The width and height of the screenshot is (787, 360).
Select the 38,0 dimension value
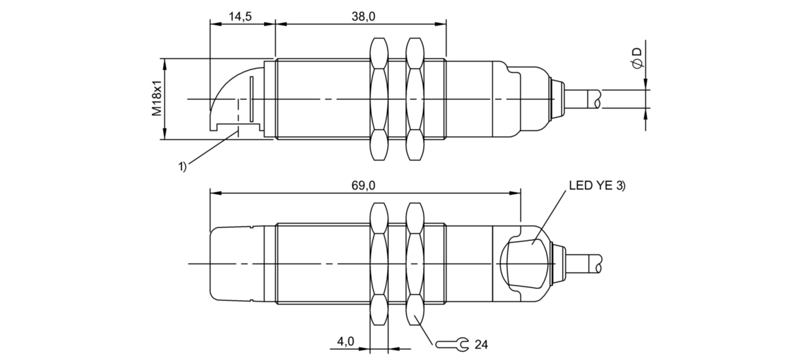pyautogui.click(x=363, y=17)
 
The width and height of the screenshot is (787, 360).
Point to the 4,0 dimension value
pyautogui.click(x=346, y=341)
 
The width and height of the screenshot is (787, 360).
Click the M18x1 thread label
pyautogui.click(x=157, y=99)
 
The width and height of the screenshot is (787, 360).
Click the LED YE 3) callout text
pyautogui.click(x=597, y=186)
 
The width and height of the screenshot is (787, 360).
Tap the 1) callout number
pyautogui.click(x=182, y=167)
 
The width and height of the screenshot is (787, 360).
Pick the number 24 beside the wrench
pyautogui.click(x=481, y=345)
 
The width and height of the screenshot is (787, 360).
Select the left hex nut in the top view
pyautogui.click(x=379, y=99)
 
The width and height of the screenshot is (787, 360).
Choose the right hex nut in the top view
pyautogui.click(x=415, y=99)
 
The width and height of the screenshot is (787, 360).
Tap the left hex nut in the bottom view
pyautogui.click(x=379, y=264)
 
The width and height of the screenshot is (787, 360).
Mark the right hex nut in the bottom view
pyautogui.click(x=415, y=264)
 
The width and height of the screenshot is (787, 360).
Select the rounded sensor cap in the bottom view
pyautogui.click(x=235, y=264)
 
